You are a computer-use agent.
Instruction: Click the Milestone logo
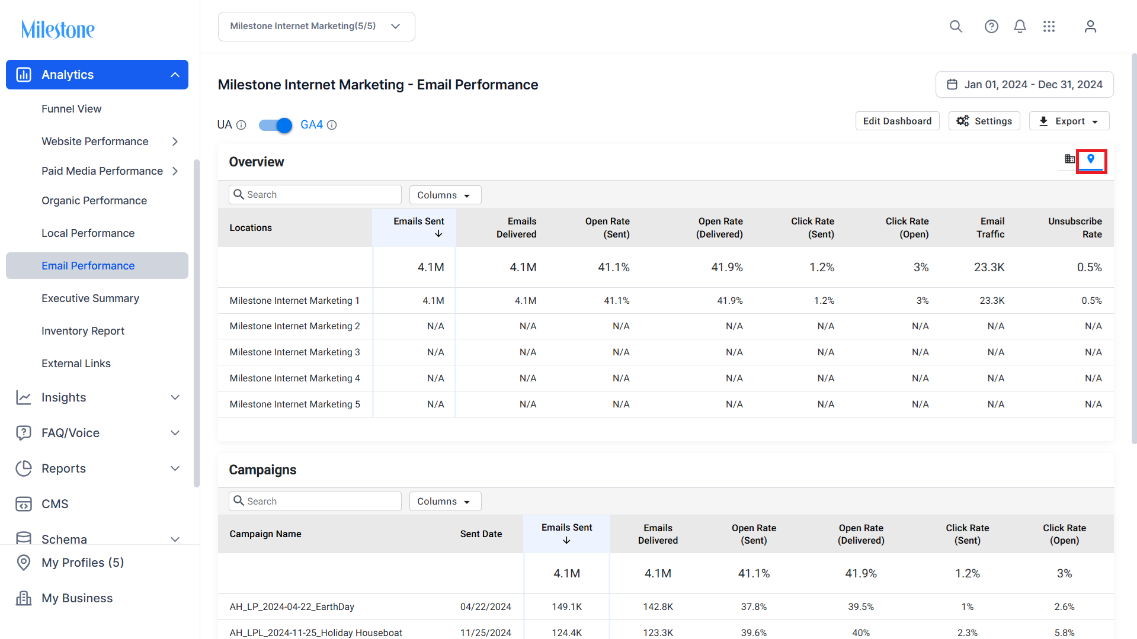tap(58, 29)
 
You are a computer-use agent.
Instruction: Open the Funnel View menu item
tap(71, 109)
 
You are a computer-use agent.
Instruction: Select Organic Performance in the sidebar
tap(94, 201)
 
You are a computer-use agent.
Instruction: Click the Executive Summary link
tap(90, 298)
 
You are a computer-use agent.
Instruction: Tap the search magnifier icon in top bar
tap(956, 27)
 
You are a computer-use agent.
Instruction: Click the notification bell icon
tap(1020, 27)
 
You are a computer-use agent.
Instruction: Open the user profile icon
tap(1090, 27)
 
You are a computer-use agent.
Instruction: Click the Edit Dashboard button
tap(897, 121)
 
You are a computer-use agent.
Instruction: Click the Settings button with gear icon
tap(984, 121)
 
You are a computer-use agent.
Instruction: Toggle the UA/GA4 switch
tap(276, 125)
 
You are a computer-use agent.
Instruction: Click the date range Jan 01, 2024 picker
tap(1024, 85)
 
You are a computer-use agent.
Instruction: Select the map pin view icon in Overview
tap(1091, 159)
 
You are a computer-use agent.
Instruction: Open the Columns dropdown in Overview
tap(445, 195)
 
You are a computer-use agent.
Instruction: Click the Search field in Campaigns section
tap(315, 502)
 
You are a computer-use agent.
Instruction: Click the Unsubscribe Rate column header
tap(1075, 228)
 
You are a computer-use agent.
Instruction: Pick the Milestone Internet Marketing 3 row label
tap(294, 352)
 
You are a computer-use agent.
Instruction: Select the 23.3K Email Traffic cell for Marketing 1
tap(992, 301)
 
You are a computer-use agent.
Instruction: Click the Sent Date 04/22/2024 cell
tap(485, 607)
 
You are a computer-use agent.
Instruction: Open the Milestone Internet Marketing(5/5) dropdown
tap(316, 27)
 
